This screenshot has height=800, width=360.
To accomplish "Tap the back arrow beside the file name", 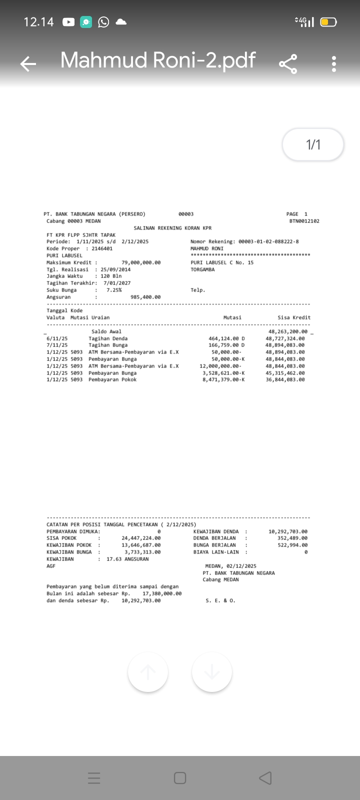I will coord(28,63).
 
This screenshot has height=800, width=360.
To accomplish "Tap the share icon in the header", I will coord(288,63).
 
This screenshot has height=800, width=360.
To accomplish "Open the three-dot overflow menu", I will coord(334,63).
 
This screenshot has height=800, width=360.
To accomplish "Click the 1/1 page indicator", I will coord(313,145).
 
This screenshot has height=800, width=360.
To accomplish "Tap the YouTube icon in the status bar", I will coord(68,22).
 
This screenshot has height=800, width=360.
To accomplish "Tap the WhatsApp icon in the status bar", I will coord(103,22).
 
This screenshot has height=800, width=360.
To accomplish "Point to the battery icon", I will coord(328,22).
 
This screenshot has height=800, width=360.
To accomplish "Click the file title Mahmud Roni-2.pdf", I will coord(158,60).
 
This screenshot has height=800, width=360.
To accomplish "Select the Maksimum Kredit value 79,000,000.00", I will coord(141,262).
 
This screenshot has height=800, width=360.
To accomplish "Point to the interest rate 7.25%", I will coord(114,290).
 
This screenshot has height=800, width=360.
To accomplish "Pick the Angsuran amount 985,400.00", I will coord(145,297).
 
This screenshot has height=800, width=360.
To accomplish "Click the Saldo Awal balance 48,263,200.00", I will coord(287,331).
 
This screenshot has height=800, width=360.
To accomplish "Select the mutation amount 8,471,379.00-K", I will coord(223,379).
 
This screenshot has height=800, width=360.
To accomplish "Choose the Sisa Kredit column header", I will coord(294,317).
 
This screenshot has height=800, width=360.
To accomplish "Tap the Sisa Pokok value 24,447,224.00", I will coord(141,538).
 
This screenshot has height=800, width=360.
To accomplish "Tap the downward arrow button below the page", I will coord(212,672).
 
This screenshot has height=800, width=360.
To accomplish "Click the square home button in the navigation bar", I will coord(180,778).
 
